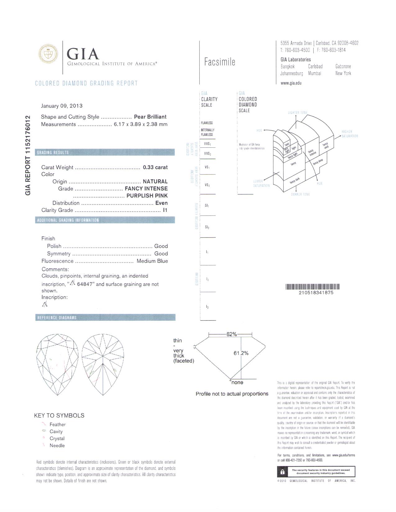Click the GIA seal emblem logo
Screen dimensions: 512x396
tap(48, 54)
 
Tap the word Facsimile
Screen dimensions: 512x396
tap(220, 62)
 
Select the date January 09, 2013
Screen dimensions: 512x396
tap(62, 106)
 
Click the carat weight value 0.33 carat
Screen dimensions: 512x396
tap(155, 167)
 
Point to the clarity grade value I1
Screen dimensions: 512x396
tap(165, 210)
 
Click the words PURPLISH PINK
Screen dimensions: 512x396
tap(147, 195)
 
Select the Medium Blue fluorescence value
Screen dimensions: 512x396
tap(152, 261)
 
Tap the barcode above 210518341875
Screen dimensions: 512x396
tap(312, 287)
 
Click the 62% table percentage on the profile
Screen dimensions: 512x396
tap(231, 334)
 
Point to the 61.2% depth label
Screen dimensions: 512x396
tap(241, 353)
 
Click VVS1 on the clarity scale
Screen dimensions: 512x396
tap(207, 144)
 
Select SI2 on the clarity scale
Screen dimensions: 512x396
tap(207, 227)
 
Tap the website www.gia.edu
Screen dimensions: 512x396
tap(291, 83)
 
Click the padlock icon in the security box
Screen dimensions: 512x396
tap(282, 472)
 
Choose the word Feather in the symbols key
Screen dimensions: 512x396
tap(57, 424)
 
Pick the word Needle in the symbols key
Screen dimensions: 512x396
tap(57, 446)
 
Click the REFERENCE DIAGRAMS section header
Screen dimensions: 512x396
tap(57, 317)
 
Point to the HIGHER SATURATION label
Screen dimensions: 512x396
tap(350, 134)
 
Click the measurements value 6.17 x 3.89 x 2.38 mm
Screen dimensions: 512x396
tap(141, 124)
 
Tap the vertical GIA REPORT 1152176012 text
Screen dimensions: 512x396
tap(28, 155)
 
